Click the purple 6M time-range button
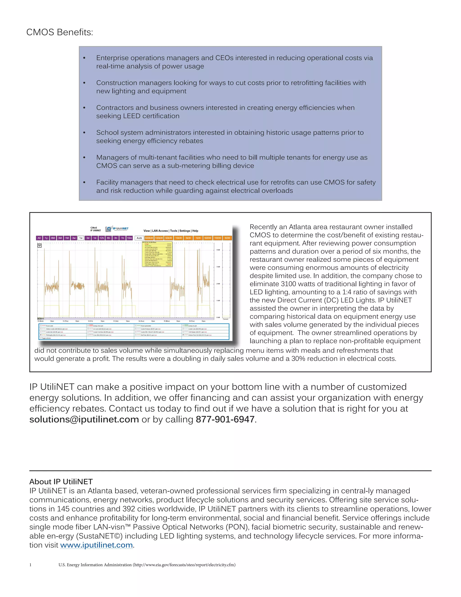point(53,238)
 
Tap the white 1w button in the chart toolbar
point(81,238)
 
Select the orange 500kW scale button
point(149,238)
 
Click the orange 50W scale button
point(227,238)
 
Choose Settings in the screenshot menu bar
point(185,231)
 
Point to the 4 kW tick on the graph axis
point(218,250)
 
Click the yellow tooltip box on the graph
point(157,254)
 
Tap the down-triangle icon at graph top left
point(40,246)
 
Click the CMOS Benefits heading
point(59,32)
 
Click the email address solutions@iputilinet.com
point(84,419)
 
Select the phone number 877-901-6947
point(225,419)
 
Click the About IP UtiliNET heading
point(61,482)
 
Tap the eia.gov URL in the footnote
point(184,565)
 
